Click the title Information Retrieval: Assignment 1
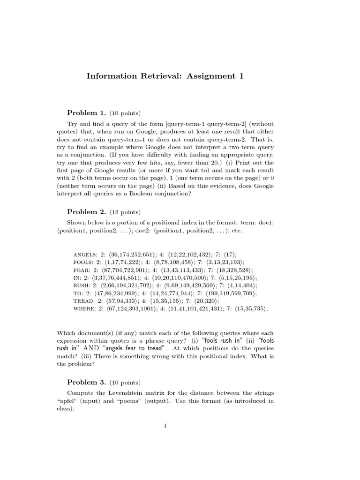(x=165, y=76)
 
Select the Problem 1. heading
(x=87, y=113)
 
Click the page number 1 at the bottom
(x=165, y=426)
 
